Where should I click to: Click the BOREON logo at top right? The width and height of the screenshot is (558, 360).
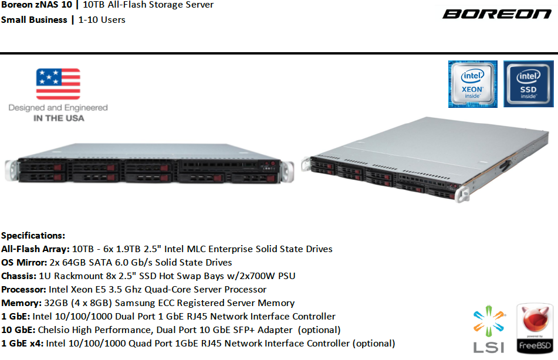[497, 14]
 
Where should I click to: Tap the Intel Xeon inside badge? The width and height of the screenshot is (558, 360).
[472, 84]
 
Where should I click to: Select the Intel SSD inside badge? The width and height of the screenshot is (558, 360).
[529, 84]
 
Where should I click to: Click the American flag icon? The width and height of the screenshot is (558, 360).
[58, 84]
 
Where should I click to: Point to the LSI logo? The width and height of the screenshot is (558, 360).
[489, 329]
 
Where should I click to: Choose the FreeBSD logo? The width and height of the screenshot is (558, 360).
[535, 328]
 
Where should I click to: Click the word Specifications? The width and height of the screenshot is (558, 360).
[33, 236]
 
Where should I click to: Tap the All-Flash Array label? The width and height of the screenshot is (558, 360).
[35, 249]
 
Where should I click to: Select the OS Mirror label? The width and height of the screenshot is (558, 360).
[24, 263]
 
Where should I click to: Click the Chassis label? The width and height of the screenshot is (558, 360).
[19, 276]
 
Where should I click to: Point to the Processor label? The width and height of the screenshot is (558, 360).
[23, 290]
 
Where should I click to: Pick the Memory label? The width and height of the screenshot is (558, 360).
[21, 303]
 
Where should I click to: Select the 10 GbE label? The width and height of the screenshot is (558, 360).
[18, 330]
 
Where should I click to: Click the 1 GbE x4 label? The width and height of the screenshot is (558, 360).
[22, 344]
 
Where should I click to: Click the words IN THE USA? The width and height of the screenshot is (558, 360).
[59, 118]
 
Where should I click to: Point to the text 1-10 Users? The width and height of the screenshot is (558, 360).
[102, 20]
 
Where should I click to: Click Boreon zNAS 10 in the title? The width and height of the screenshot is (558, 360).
[36, 5]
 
